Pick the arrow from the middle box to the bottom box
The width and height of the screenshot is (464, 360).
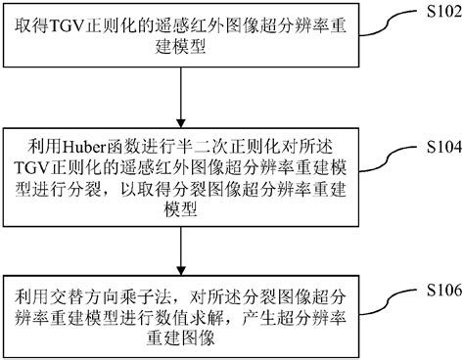point(184,248)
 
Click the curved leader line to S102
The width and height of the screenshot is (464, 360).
point(384,22)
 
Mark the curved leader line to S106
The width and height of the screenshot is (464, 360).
point(384,299)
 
